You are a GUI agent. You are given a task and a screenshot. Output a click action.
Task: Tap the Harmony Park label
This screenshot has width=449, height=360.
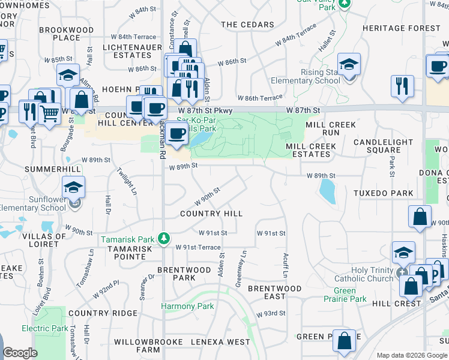(x=187, y=307)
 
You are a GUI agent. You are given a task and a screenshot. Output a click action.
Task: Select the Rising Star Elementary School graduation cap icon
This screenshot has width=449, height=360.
(x=348, y=65)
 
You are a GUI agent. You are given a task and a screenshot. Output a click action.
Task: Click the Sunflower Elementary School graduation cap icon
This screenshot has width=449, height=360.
(x=73, y=189)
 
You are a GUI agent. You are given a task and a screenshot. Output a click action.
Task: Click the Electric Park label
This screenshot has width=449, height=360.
(x=45, y=329)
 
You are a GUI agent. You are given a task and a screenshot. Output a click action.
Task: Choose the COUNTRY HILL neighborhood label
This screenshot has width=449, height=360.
(x=211, y=214)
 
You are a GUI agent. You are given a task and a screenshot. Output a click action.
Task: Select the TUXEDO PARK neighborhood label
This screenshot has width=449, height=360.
(x=383, y=193)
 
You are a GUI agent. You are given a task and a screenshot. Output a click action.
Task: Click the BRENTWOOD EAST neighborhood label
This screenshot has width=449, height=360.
(x=274, y=293)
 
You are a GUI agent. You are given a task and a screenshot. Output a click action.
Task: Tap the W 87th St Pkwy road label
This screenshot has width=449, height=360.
(x=204, y=110)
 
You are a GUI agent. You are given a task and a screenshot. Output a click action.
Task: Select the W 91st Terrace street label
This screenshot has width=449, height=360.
(x=198, y=247)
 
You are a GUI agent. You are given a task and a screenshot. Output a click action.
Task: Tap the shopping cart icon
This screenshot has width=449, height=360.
(x=50, y=112)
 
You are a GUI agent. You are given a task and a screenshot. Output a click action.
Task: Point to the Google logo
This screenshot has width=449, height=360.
(x=20, y=353)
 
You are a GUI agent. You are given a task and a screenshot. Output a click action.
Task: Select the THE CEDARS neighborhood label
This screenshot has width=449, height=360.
(x=247, y=25)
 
